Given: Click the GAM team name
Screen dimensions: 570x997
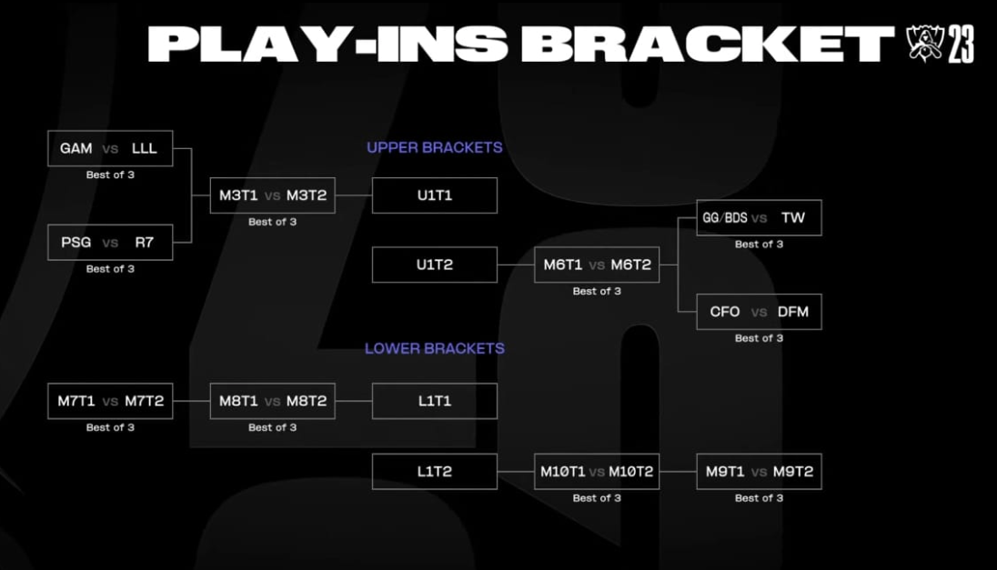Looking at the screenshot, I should click(76, 148).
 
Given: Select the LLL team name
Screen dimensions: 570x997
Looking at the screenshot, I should click(144, 148).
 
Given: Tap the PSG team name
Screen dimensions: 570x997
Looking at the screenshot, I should click(76, 243).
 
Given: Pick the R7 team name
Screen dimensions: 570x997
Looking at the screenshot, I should click(145, 243).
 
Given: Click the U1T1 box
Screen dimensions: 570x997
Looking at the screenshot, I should click(435, 195).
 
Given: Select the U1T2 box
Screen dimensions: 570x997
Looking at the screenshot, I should click(435, 265).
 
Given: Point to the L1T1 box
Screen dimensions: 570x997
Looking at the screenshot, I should click(435, 401).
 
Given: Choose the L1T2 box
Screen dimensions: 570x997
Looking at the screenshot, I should click(435, 472).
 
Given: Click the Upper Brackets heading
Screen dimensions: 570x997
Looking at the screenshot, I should click(434, 147).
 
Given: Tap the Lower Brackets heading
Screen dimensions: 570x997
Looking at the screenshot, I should click(434, 348).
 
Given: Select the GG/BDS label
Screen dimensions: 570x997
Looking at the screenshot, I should click(725, 218).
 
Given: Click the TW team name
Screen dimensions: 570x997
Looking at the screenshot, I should click(792, 218).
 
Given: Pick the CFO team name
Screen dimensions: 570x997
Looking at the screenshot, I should click(725, 312).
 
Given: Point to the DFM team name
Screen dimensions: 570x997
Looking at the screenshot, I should click(792, 312).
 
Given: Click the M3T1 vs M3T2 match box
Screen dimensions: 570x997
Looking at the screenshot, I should click(272, 195).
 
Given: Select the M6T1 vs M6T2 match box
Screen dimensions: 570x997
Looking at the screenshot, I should click(597, 265).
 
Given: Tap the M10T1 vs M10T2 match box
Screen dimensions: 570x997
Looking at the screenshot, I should click(597, 472).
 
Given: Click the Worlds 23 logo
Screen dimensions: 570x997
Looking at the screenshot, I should click(941, 43).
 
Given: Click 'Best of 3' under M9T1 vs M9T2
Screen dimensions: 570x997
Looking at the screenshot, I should click(759, 498).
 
